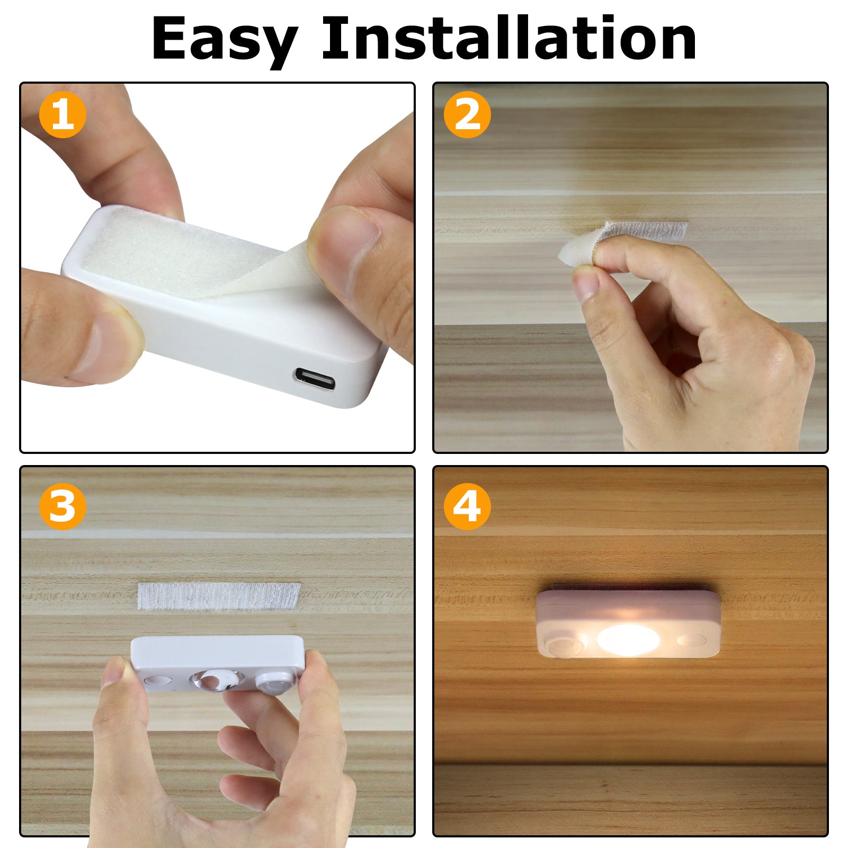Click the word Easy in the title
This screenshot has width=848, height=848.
(224, 40)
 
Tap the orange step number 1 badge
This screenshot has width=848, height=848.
(63, 115)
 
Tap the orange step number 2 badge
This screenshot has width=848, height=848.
(467, 115)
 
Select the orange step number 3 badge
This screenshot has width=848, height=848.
(63, 506)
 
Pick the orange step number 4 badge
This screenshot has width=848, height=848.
(467, 506)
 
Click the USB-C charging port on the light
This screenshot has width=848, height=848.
(315, 379)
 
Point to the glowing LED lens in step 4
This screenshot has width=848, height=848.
(628, 639)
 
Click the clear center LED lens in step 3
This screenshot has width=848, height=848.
(217, 681)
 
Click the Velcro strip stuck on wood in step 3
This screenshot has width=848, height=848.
(218, 596)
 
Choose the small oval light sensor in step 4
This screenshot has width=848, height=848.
(692, 640)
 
